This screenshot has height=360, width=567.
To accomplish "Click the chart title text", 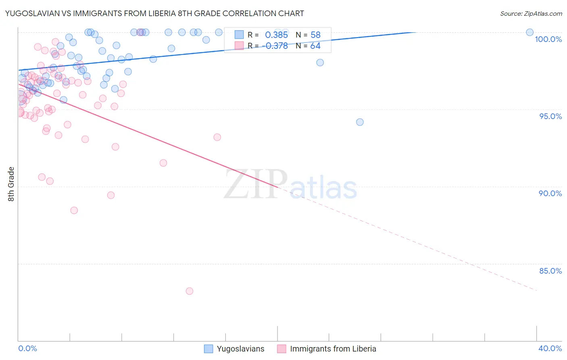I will [155, 13].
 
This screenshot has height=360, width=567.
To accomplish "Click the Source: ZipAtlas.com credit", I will [531, 13].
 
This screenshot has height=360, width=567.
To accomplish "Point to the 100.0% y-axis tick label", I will [548, 39].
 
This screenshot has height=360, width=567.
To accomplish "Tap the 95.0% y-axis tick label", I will [550, 116].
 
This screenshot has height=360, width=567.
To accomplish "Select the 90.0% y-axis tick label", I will [550, 193].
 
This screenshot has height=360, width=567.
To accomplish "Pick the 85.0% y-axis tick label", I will [550, 271].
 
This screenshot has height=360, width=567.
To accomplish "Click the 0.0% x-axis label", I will [28, 348].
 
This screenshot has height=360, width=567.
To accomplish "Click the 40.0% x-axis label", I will [550, 348].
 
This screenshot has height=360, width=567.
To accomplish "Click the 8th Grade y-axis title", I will [11, 184].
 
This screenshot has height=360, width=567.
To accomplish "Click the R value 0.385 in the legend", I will [276, 35].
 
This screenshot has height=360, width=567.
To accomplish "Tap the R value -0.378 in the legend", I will [275, 46].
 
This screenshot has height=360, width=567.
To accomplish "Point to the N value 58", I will [315, 35].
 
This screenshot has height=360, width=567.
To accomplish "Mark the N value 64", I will [315, 46].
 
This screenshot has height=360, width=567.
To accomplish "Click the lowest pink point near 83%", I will [190, 291].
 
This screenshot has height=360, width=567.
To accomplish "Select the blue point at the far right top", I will [530, 32].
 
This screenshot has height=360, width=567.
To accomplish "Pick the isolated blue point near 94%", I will [360, 122].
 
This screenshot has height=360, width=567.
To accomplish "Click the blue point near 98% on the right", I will [320, 63].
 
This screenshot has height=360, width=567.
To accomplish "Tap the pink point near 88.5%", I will [74, 210].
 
